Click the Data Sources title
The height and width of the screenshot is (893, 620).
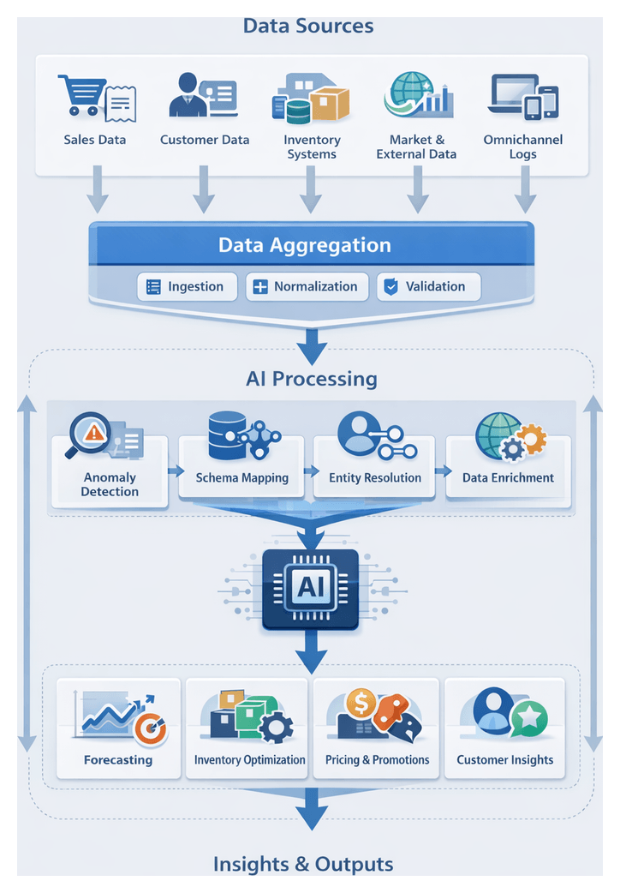pyautogui.click(x=308, y=26)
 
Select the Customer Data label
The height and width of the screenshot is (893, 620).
pyautogui.click(x=205, y=140)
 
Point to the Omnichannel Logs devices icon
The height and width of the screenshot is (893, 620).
pyautogui.click(x=522, y=95)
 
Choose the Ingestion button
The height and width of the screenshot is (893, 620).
pyautogui.click(x=185, y=287)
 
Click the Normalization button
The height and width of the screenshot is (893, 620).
pyautogui.click(x=307, y=287)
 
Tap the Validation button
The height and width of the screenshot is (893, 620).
pyautogui.click(x=428, y=287)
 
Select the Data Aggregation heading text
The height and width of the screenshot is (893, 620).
pyautogui.click(x=304, y=245)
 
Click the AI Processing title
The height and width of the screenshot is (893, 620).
pyautogui.click(x=311, y=378)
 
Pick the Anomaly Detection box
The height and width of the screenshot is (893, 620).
pyautogui.click(x=110, y=470)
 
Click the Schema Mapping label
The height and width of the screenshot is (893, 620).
pyautogui.click(x=241, y=478)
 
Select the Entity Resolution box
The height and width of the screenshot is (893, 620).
pyautogui.click(x=375, y=467)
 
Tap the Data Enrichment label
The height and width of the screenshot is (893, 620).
pyautogui.click(x=508, y=478)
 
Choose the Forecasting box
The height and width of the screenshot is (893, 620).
pyautogui.click(x=118, y=728)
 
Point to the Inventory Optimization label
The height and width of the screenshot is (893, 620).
pyautogui.click(x=249, y=759)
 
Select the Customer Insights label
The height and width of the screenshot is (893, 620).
pyautogui.click(x=504, y=759)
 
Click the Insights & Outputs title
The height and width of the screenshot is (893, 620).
pyautogui.click(x=303, y=863)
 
